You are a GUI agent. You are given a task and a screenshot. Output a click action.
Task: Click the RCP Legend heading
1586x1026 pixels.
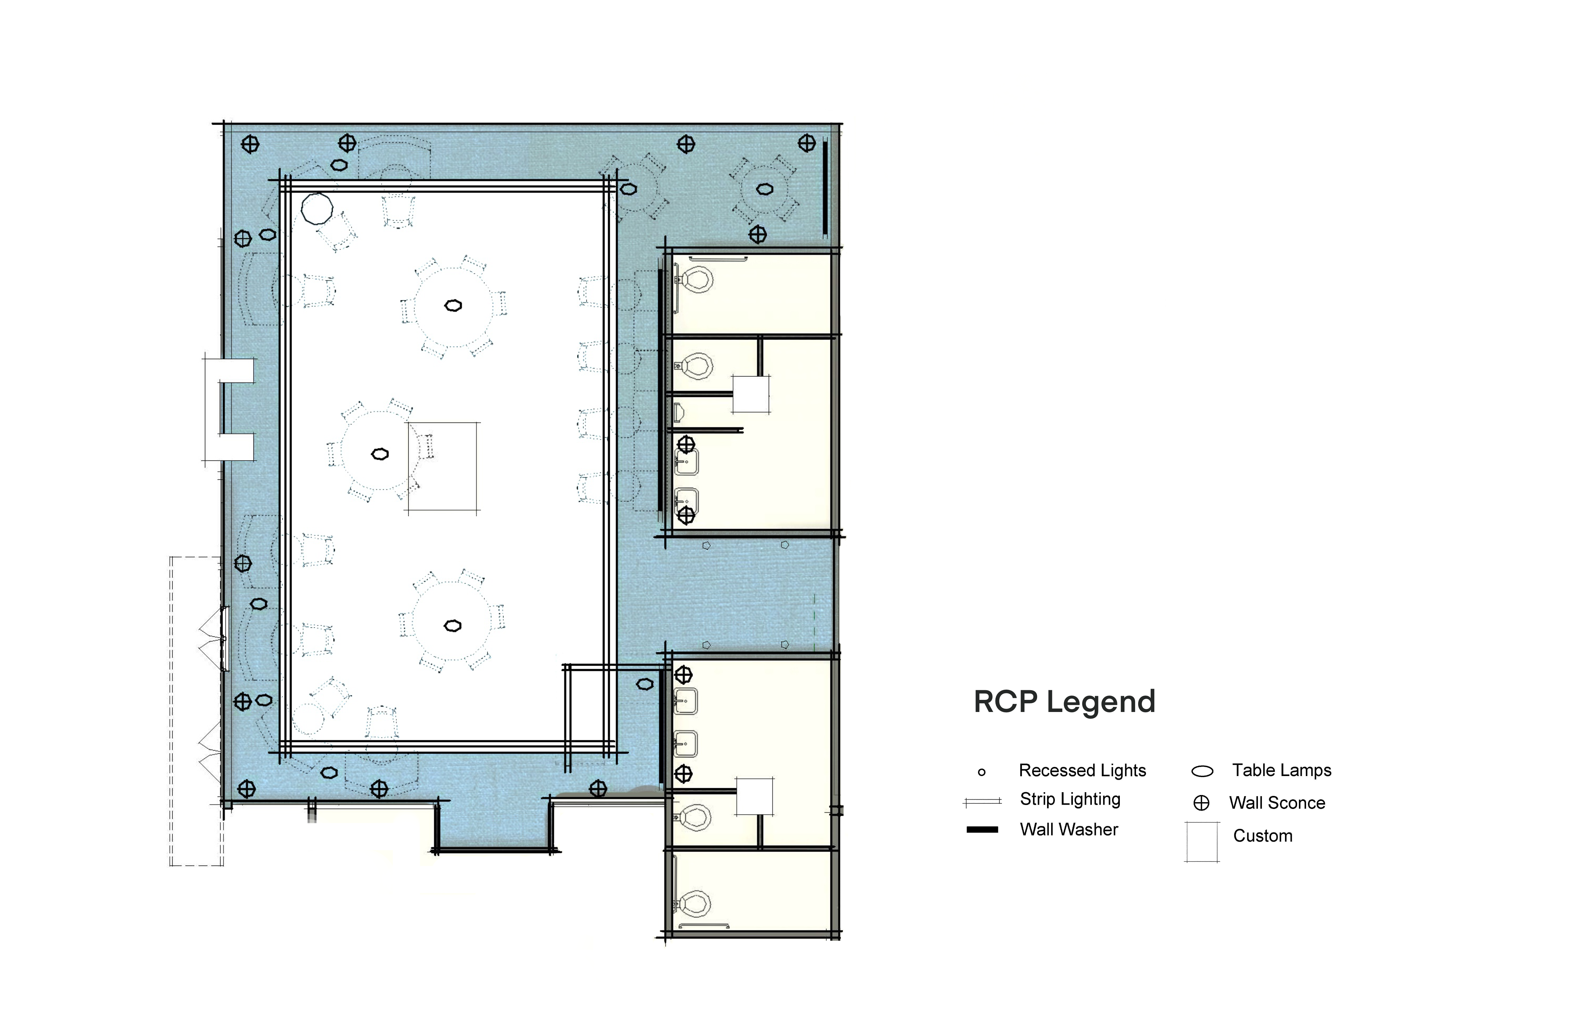[x=1064, y=701]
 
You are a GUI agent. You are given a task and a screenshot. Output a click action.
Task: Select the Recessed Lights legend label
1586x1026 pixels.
[x=1082, y=771]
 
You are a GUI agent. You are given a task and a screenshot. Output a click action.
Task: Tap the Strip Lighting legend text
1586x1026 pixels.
[x=1070, y=799]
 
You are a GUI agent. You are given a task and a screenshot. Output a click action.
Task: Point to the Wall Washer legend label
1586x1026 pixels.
[x=1069, y=830]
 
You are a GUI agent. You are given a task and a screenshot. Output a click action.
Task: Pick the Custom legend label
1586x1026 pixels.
[x=1263, y=836]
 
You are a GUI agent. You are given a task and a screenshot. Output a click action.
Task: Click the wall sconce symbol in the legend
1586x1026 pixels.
[x=1202, y=803]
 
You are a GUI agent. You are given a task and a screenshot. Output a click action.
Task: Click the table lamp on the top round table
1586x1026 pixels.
[x=453, y=306]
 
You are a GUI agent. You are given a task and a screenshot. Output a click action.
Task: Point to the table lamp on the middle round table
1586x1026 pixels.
[x=380, y=454]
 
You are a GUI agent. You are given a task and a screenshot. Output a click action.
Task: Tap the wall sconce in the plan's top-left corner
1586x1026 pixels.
[x=250, y=144]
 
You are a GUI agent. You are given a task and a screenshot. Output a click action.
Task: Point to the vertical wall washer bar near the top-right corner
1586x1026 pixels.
[x=825, y=188]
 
